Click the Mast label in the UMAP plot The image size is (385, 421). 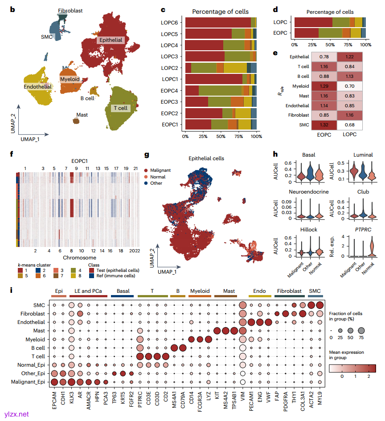tap(82, 115)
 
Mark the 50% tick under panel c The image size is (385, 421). tap(220, 137)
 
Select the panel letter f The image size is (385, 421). tap(10, 154)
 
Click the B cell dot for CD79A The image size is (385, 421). tap(182, 348)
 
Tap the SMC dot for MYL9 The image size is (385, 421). tap(319, 305)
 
